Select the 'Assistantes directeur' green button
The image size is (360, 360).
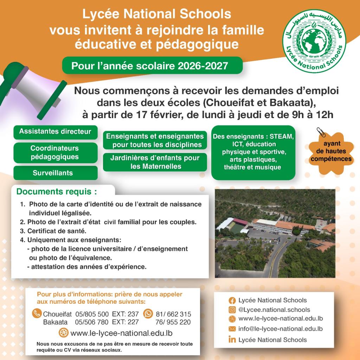coord(55,132)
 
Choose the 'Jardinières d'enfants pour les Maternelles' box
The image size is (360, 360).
coord(155,162)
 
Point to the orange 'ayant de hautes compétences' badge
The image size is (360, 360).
coord(334,151)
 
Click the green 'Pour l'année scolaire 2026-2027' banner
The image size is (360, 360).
coord(152,66)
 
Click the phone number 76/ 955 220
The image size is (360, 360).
coord(173,322)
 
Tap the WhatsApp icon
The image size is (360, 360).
coord(148,314)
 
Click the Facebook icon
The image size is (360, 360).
coord(232,301)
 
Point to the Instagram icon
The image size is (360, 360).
coord(232,310)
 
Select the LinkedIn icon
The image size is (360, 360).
coord(232,340)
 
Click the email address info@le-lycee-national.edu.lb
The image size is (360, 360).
coord(280,329)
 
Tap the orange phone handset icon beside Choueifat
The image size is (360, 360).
coord(37,313)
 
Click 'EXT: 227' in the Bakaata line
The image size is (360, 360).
coord(125,322)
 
